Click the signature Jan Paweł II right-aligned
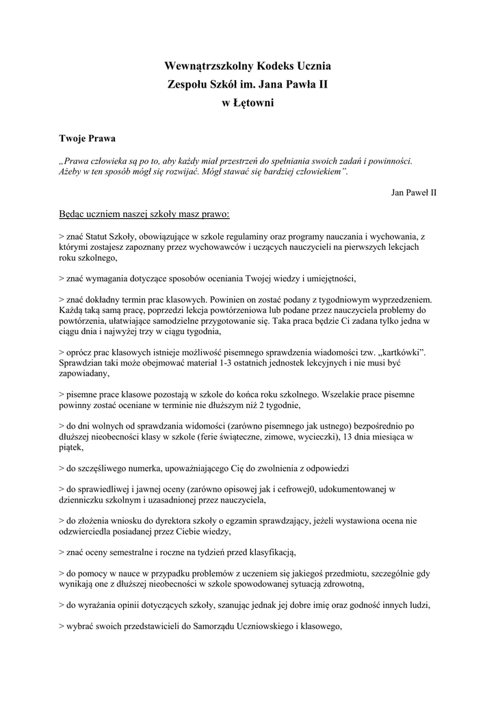413,192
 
